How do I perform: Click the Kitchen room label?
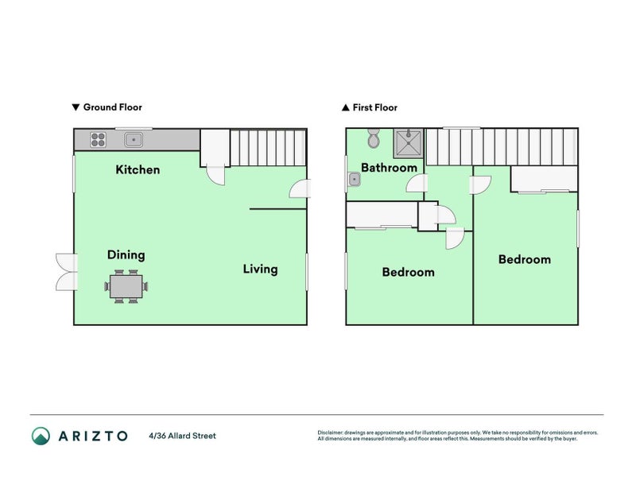138,169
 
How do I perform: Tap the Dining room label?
126,255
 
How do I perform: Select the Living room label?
260,269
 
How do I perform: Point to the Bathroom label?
389,168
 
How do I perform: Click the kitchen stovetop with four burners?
99,141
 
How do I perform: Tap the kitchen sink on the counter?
134,141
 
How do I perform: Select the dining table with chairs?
126,285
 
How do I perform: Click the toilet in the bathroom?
374,141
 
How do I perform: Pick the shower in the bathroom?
411,143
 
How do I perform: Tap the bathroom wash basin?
355,180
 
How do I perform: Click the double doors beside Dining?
65,271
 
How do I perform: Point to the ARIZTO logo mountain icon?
41,436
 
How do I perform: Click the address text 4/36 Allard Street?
182,436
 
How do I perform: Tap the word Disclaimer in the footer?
331,432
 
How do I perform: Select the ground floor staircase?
268,148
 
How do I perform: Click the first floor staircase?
502,147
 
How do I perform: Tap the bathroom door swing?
415,184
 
